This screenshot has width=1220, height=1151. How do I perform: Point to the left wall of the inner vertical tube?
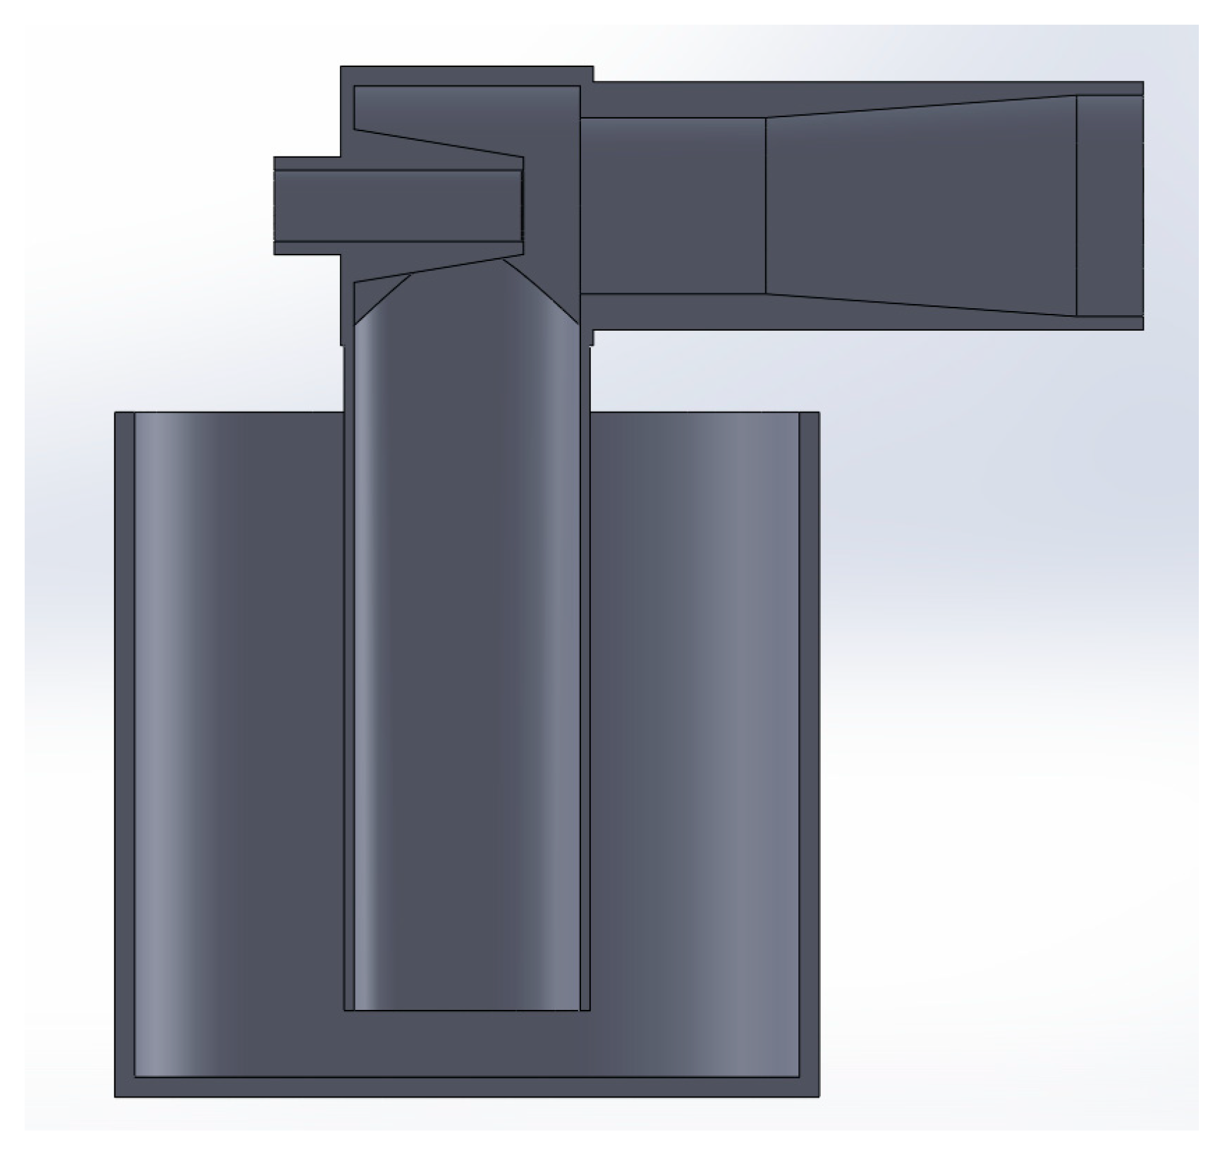point(348,705)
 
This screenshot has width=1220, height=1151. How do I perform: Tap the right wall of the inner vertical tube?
point(585,705)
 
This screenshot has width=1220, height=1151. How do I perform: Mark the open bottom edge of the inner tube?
point(465,1010)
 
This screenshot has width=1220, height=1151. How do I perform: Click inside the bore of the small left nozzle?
point(395,205)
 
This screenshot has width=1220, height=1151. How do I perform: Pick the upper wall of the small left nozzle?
point(395,163)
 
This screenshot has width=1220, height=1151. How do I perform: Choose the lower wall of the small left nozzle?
point(395,248)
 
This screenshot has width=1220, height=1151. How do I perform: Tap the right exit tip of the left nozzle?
point(522,205)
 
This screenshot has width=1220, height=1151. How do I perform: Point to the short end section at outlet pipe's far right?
point(1109,205)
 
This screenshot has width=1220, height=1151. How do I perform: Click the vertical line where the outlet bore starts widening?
point(766,205)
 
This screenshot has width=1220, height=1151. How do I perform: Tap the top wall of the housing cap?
point(465,76)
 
